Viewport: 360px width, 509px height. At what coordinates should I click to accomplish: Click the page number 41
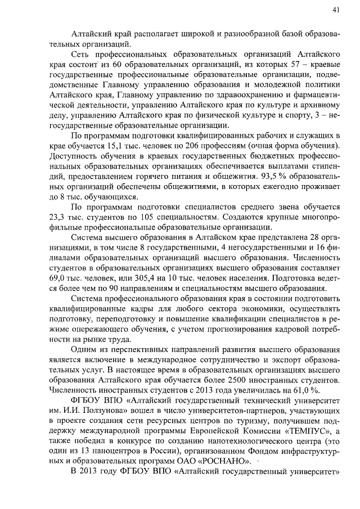coord(335,10)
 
